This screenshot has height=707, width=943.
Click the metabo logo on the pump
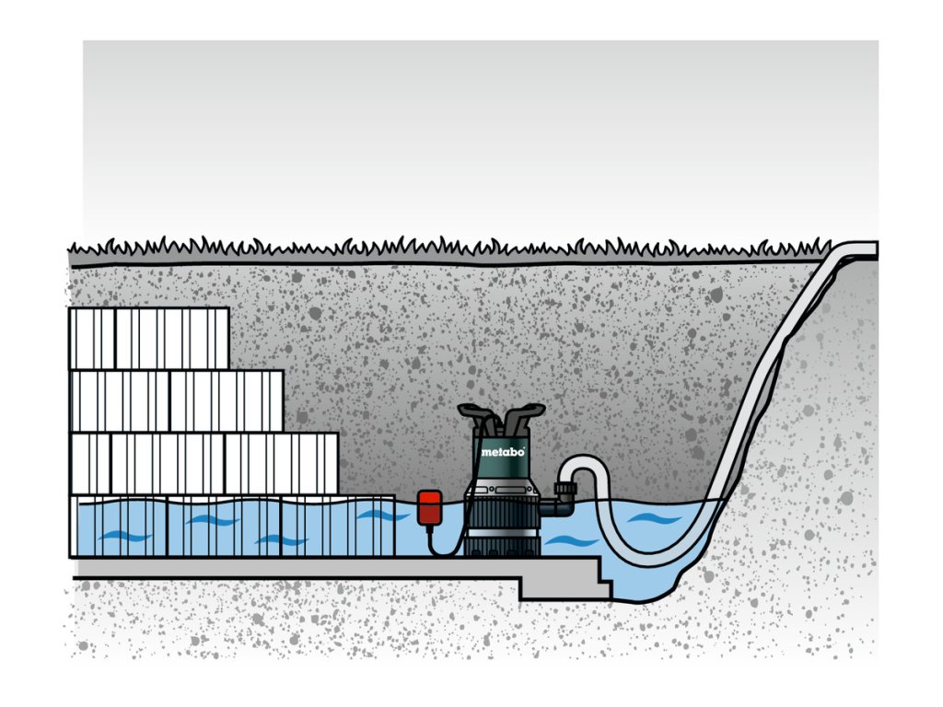pyautogui.click(x=504, y=452)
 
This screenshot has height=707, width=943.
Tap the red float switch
pyautogui.click(x=428, y=508)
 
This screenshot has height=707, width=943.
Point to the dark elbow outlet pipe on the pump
pyautogui.click(x=550, y=505)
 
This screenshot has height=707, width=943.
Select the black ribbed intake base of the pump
pyautogui.click(x=501, y=535)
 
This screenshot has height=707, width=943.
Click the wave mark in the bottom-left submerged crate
pyautogui.click(x=120, y=535)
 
